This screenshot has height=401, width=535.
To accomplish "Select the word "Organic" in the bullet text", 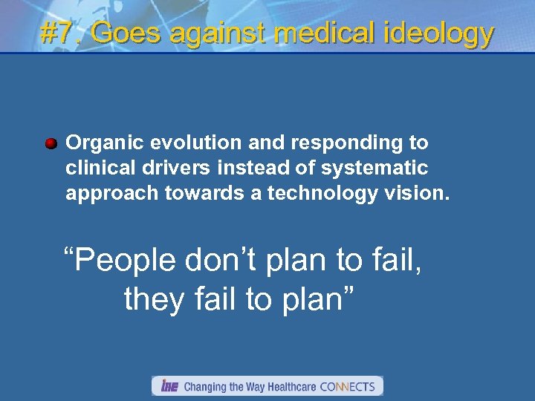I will [96, 143].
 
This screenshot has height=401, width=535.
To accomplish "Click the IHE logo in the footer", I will [169, 386].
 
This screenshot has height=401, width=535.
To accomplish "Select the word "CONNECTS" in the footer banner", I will [347, 386].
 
